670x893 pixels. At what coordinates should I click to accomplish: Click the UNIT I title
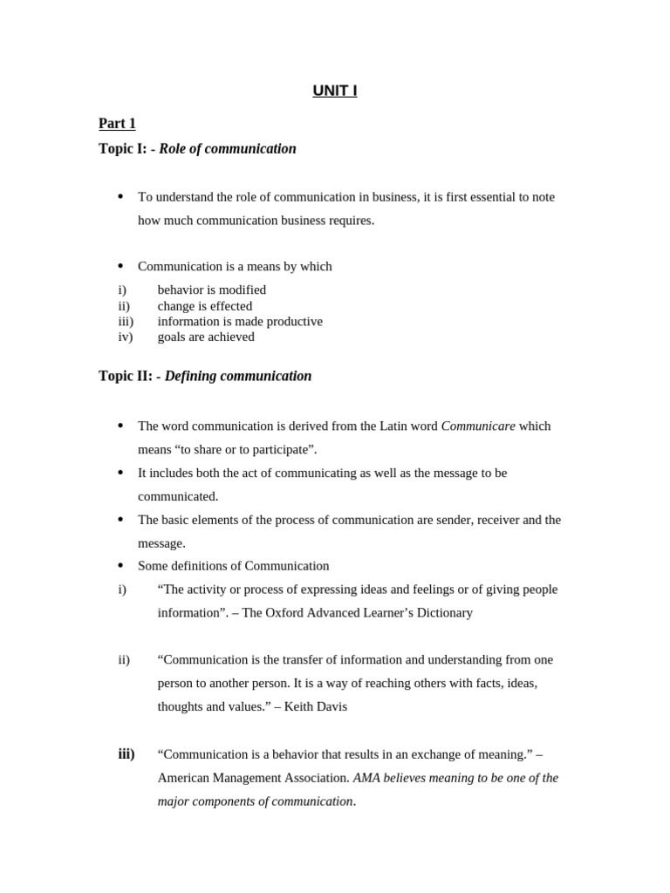(335, 91)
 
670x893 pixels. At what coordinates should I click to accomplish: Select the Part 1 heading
(117, 124)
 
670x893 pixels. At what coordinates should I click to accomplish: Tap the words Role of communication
(228, 149)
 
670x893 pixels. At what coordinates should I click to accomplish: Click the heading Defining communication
(237, 377)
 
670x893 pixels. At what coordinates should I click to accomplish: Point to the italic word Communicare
(478, 426)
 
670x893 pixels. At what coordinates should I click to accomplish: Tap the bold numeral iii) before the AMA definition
(126, 753)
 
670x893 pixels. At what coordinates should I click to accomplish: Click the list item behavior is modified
(212, 290)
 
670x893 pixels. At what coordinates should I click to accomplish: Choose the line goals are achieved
(206, 337)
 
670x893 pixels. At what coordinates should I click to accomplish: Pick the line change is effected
(205, 306)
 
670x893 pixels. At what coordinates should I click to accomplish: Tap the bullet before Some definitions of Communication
(120, 566)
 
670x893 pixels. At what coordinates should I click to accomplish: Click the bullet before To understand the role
(120, 197)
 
